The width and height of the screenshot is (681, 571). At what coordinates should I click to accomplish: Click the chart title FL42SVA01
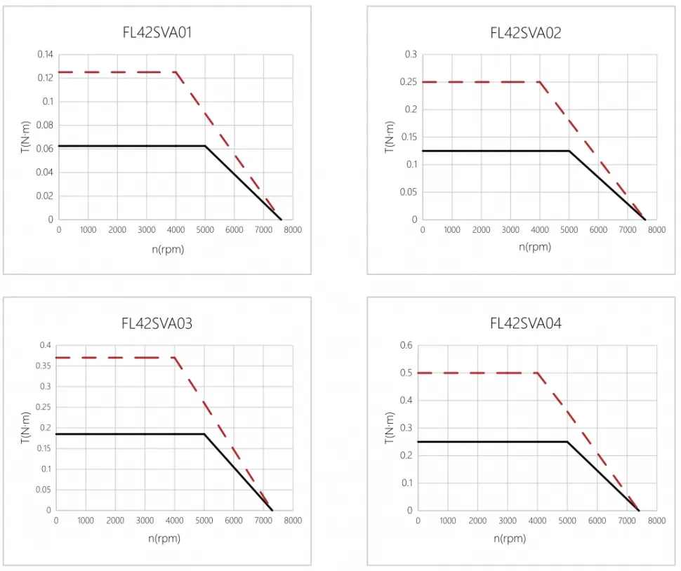coord(157,32)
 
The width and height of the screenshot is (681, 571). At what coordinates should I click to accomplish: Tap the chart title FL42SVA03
coord(157,323)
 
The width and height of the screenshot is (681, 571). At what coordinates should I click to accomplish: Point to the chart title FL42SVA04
coord(525,323)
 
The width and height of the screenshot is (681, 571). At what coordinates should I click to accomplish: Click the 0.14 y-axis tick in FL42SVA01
coord(44,54)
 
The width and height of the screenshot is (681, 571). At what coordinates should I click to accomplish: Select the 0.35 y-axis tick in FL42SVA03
coord(44,365)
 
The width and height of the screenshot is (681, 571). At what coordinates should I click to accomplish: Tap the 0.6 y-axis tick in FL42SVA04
coord(406,345)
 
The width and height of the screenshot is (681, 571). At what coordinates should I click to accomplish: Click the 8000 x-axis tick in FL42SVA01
coord(293,230)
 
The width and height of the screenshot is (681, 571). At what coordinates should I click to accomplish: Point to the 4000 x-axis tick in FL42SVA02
coord(540,230)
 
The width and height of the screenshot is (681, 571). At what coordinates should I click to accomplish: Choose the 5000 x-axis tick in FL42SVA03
coord(204,520)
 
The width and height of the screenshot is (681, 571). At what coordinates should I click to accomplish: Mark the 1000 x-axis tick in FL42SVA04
coord(448,520)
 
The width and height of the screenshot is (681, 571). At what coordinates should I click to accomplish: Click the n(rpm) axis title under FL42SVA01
coord(167,249)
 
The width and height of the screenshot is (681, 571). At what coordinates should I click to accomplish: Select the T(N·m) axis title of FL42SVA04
coord(390,428)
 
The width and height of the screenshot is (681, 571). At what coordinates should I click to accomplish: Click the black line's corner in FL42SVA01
coord(205,146)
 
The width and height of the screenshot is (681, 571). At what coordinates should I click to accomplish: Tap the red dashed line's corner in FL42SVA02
coord(540,82)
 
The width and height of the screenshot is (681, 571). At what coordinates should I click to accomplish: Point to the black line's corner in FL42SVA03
coord(204,434)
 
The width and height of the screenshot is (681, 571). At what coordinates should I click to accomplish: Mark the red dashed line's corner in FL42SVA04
coord(537,372)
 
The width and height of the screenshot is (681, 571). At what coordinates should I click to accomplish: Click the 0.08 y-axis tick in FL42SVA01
coord(44,125)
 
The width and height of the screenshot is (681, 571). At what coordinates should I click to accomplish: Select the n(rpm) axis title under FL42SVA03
coord(164,539)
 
